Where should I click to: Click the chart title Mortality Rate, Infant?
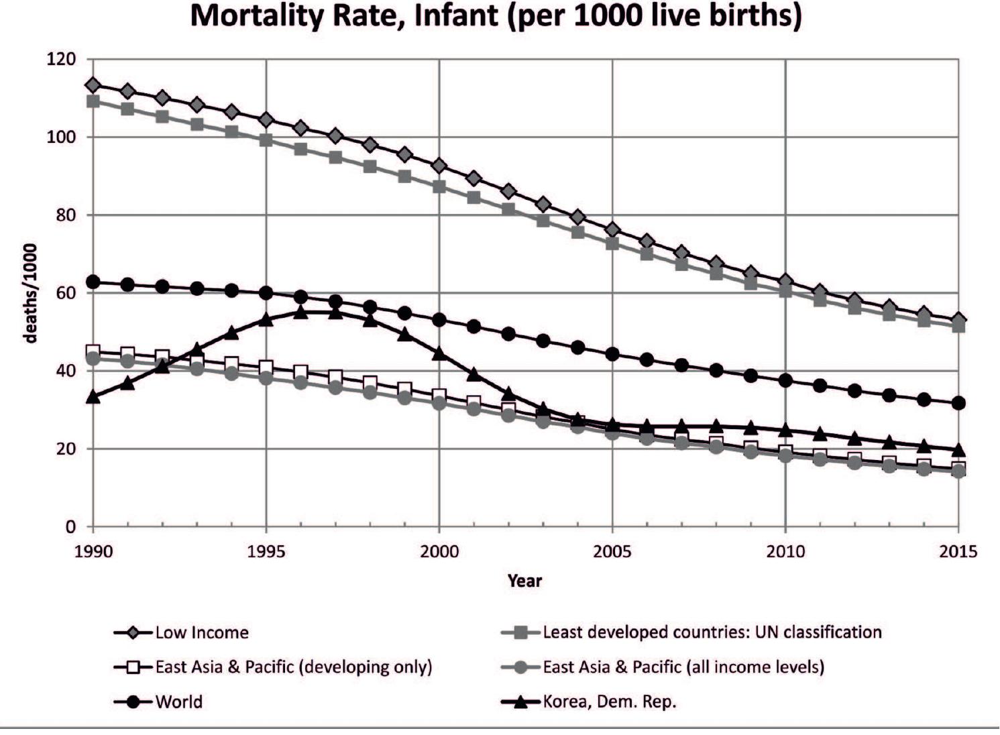point(496,16)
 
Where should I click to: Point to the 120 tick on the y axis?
point(61,60)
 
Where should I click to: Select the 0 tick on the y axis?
point(70,527)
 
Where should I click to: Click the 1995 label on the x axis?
point(266,552)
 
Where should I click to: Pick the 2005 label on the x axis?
point(612,552)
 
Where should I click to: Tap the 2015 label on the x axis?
point(958,552)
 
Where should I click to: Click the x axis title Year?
point(524,581)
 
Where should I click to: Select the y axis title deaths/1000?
point(30,293)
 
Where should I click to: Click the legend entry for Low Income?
point(201,632)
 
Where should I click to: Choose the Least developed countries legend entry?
point(712,632)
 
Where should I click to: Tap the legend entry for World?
point(178,702)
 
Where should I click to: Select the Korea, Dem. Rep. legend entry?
point(609,702)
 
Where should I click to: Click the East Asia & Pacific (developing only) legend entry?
point(293,667)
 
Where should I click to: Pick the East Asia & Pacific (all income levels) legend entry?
point(683,667)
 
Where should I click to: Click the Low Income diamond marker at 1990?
point(93,85)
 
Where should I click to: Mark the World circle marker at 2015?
point(958,403)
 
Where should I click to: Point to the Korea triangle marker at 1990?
point(93,397)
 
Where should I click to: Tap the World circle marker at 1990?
point(93,282)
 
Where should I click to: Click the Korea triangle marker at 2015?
point(958,449)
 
